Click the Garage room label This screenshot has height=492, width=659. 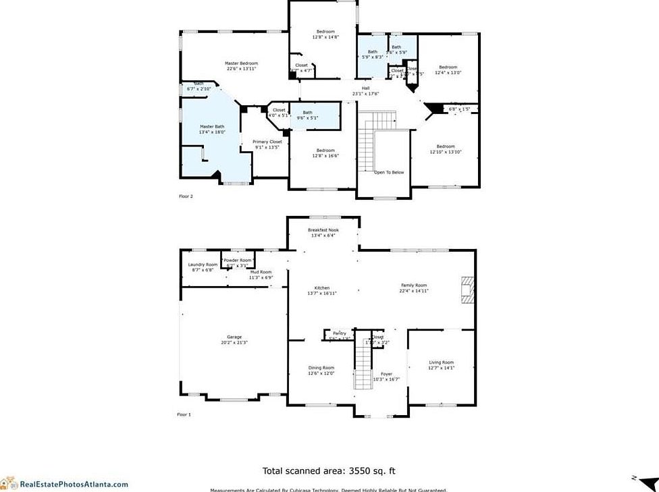click(234, 337)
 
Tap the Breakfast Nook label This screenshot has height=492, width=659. click(323, 230)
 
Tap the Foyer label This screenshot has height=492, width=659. click(386, 374)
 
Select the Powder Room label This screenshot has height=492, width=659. click(238, 260)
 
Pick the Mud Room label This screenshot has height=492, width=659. click(260, 272)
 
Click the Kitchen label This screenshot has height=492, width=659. click(321, 288)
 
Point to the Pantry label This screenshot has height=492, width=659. click(339, 333)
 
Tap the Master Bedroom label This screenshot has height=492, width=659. click(241, 63)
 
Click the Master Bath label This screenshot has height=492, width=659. click(211, 127)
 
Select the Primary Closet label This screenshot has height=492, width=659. click(267, 142)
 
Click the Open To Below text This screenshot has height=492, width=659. click(389, 172)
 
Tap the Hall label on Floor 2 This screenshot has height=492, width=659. click(365, 88)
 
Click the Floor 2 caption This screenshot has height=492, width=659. click(186, 196)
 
